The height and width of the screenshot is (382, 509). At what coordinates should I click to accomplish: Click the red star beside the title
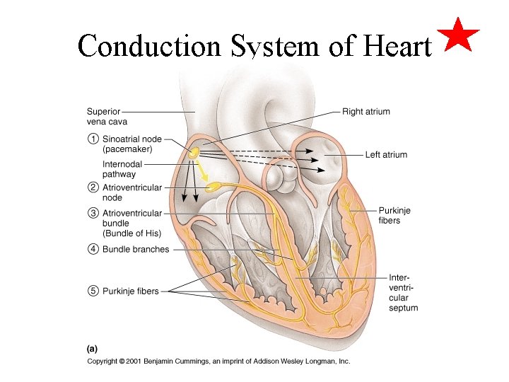coord(459,36)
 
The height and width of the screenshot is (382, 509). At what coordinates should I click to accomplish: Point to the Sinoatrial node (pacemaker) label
coord(127,144)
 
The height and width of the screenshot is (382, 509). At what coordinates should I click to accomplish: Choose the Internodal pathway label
coord(122,169)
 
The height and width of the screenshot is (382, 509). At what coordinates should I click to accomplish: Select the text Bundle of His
coord(132,233)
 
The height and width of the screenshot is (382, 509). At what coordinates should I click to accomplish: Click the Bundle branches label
coord(136,249)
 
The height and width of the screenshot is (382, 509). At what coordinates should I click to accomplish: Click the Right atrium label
coord(365,112)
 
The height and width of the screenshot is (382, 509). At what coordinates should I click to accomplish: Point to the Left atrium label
coord(386,155)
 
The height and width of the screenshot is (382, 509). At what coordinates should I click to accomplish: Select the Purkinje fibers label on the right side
coord(394,216)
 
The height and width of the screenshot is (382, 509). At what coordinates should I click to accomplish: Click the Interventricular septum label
coord(403,293)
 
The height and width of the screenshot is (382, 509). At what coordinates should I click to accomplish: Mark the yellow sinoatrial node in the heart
coord(193,152)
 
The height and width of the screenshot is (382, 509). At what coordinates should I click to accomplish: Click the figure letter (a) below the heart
coord(92,348)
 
